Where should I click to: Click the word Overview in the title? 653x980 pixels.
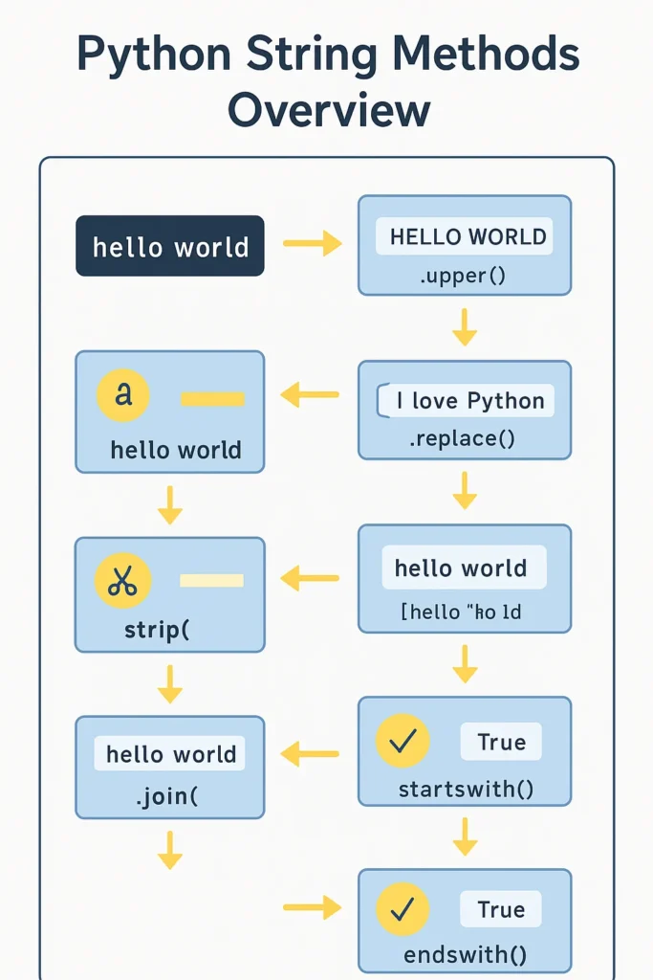pyautogui.click(x=328, y=109)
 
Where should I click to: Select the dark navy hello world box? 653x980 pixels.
pyautogui.click(x=170, y=246)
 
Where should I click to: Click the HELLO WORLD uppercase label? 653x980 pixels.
pyautogui.click(x=468, y=236)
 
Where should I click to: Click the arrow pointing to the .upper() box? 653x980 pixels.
pyautogui.click(x=313, y=245)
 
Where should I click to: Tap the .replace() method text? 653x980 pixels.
pyautogui.click(x=464, y=439)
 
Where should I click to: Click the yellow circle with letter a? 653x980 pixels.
pyautogui.click(x=122, y=394)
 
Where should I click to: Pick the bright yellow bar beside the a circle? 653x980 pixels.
pyautogui.click(x=212, y=397)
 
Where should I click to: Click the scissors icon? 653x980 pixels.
pyautogui.click(x=122, y=581)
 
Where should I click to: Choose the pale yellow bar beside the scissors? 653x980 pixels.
pyautogui.click(x=211, y=580)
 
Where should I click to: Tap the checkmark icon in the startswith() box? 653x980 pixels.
pyautogui.click(x=403, y=741)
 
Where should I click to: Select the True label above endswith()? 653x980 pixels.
pyautogui.click(x=501, y=908)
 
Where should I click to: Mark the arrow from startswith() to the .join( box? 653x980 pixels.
pyautogui.click(x=311, y=755)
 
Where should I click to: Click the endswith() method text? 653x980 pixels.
pyautogui.click(x=465, y=954)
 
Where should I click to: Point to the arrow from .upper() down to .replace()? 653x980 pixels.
pyautogui.click(x=465, y=326)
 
